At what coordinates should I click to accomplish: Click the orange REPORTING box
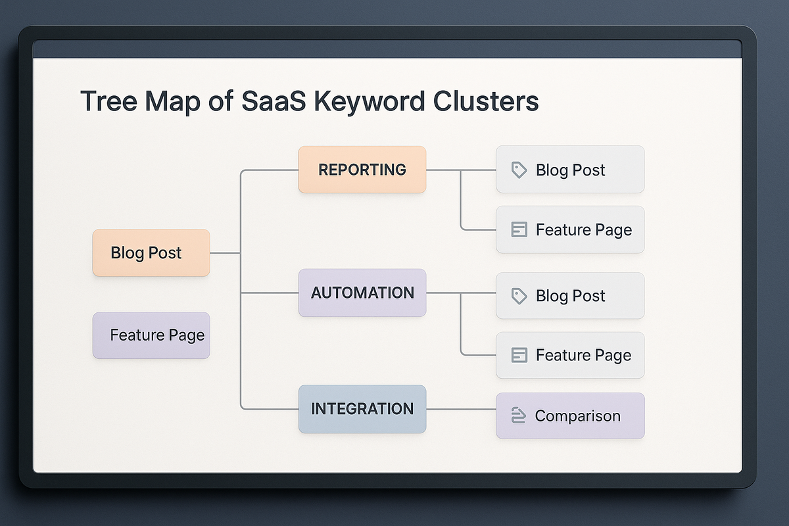click(x=362, y=170)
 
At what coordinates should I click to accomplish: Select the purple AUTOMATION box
click(x=362, y=293)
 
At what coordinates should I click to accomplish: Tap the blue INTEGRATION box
click(x=362, y=409)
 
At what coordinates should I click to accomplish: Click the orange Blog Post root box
click(x=151, y=253)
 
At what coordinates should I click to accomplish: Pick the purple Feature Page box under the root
click(x=151, y=335)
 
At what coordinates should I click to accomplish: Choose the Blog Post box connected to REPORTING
click(x=570, y=170)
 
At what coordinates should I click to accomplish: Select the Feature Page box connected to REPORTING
click(x=570, y=229)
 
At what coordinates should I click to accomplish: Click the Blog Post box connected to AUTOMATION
click(x=570, y=296)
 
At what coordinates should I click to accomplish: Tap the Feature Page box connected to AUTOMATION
click(x=570, y=355)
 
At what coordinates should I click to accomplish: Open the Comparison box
click(x=570, y=416)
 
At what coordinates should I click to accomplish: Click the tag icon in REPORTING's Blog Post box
click(x=519, y=170)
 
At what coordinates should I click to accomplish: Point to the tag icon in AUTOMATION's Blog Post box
click(x=519, y=296)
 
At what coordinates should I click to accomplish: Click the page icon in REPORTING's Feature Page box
click(x=519, y=229)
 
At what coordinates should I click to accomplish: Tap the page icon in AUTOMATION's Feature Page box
click(x=519, y=355)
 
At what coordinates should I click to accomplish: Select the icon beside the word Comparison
click(x=518, y=416)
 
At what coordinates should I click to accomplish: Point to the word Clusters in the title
click(x=486, y=102)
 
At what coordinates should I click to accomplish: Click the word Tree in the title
click(x=107, y=102)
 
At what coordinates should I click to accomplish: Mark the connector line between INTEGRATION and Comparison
click(x=461, y=409)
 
